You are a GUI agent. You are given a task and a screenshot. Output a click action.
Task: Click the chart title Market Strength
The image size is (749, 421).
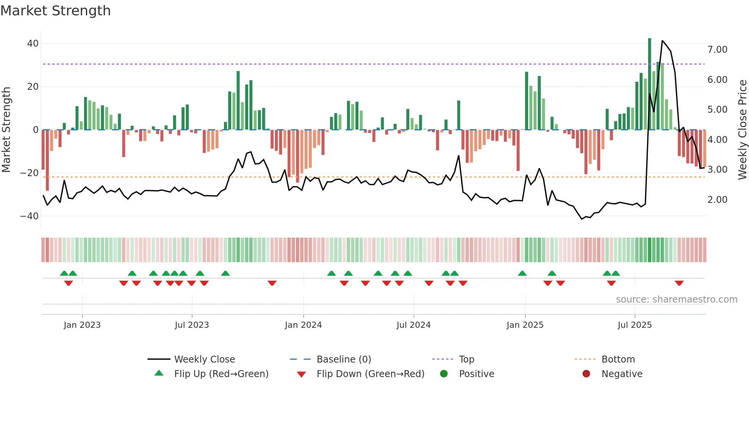[x=55, y=11]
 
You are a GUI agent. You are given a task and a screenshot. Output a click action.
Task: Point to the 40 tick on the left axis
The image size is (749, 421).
[x=33, y=44]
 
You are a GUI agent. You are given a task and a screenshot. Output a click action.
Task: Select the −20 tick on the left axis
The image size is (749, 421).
[x=30, y=173]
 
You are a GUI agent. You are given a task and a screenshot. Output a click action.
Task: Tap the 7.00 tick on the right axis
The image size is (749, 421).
[x=717, y=50]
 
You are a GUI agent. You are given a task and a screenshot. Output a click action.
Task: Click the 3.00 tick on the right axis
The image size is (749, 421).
[x=717, y=170]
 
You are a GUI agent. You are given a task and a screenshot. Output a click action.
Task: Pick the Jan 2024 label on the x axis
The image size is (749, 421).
[x=303, y=325]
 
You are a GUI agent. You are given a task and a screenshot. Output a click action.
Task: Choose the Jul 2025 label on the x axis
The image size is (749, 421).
[x=634, y=325]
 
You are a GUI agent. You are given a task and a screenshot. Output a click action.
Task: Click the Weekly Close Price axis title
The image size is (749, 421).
[x=742, y=130]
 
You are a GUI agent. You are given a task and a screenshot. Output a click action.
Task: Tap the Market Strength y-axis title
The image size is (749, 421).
[x=6, y=130]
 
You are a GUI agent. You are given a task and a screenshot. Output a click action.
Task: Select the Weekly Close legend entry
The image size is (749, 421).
[x=204, y=359]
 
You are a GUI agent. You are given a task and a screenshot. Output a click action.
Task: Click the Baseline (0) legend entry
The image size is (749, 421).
[x=344, y=359]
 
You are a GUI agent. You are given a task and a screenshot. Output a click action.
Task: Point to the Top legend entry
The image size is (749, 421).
[x=466, y=359]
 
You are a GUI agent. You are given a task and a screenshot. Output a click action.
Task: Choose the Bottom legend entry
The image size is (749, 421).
[x=618, y=359]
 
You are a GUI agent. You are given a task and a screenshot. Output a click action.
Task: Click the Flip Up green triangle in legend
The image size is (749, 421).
[x=159, y=373]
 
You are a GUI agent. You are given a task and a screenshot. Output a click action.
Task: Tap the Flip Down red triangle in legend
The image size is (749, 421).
[x=301, y=374]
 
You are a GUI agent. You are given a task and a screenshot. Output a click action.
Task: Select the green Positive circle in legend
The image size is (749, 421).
[x=444, y=374]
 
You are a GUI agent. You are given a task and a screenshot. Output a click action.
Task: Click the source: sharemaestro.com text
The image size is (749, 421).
[x=676, y=300]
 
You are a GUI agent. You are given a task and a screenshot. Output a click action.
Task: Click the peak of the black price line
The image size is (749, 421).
[x=662, y=40]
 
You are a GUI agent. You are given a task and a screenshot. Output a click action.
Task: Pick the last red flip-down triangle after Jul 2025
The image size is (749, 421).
[x=679, y=283]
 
